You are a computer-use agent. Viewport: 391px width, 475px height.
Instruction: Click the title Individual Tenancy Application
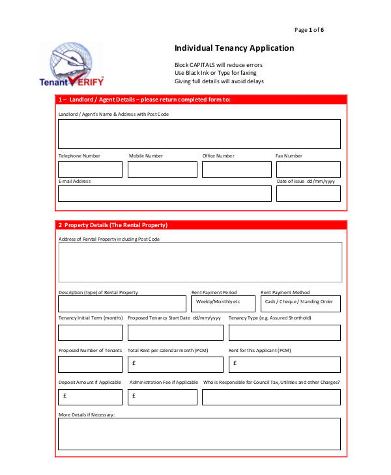click(234, 48)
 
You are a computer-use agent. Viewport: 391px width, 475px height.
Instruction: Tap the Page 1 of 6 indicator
click(309, 30)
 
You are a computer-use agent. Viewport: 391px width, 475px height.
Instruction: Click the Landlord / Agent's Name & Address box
click(199, 134)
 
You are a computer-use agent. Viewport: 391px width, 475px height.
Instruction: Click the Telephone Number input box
click(90, 170)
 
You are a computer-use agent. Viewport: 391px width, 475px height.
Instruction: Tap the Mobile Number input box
click(162, 170)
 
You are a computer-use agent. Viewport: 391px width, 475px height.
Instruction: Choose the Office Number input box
click(236, 170)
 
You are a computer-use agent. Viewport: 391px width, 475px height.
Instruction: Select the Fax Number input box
click(308, 170)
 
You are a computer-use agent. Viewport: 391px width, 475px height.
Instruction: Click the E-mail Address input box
click(164, 194)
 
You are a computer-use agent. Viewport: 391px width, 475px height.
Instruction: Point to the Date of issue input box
click(308, 194)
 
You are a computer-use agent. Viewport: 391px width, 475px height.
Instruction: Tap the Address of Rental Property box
click(199, 262)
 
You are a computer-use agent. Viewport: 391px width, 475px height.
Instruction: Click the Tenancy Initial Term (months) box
click(90, 332)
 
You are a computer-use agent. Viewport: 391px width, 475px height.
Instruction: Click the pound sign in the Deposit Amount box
click(65, 396)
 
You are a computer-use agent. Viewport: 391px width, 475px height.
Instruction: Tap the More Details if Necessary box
click(199, 434)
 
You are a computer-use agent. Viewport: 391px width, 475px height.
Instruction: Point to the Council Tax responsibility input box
click(270, 397)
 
